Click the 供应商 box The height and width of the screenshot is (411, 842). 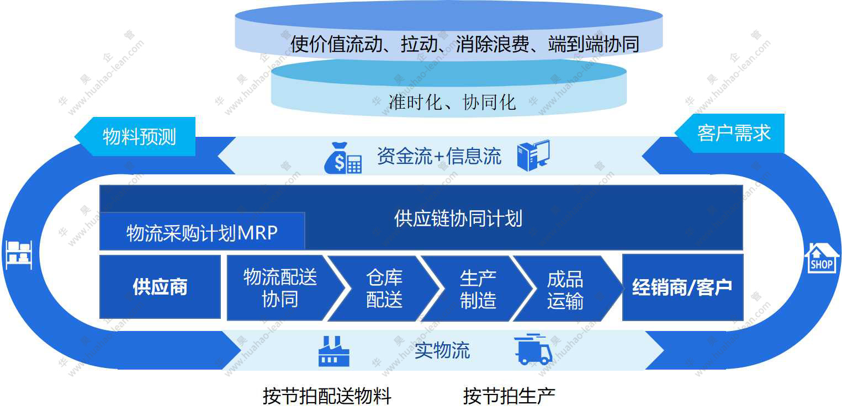[160, 287]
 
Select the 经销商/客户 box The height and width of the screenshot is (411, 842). [682, 287]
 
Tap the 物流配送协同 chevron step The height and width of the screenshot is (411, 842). [280, 288]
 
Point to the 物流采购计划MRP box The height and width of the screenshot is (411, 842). [202, 232]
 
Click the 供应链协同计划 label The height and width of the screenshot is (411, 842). [458, 218]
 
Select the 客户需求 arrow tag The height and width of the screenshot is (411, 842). [733, 133]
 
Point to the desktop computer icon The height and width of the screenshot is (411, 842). [533, 156]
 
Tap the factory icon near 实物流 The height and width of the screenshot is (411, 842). [334, 350]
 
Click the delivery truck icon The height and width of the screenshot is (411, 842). [533, 349]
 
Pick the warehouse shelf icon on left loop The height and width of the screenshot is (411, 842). [19, 255]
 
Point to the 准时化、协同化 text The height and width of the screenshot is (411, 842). [452, 102]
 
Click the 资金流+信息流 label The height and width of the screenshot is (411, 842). [439, 156]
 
